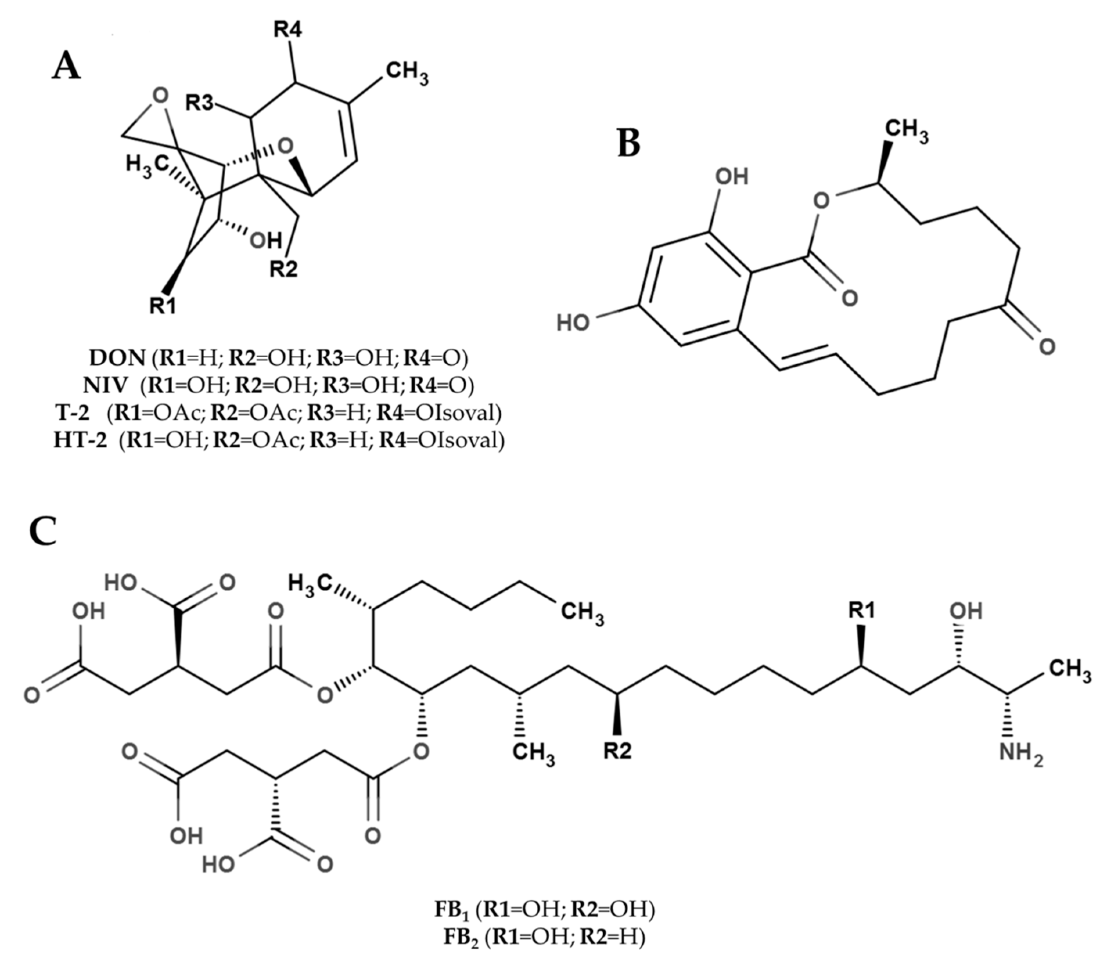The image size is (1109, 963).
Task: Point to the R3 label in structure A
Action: tap(200, 102)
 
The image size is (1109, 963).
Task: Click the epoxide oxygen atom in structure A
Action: tap(160, 95)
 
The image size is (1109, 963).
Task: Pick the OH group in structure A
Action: tap(266, 241)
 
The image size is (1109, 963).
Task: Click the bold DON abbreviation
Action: tap(117, 357)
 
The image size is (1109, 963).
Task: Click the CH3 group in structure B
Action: tap(906, 131)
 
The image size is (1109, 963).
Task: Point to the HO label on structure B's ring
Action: tap(573, 323)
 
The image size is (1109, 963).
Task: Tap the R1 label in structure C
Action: tap(861, 610)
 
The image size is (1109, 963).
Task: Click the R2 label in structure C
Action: tap(617, 751)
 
